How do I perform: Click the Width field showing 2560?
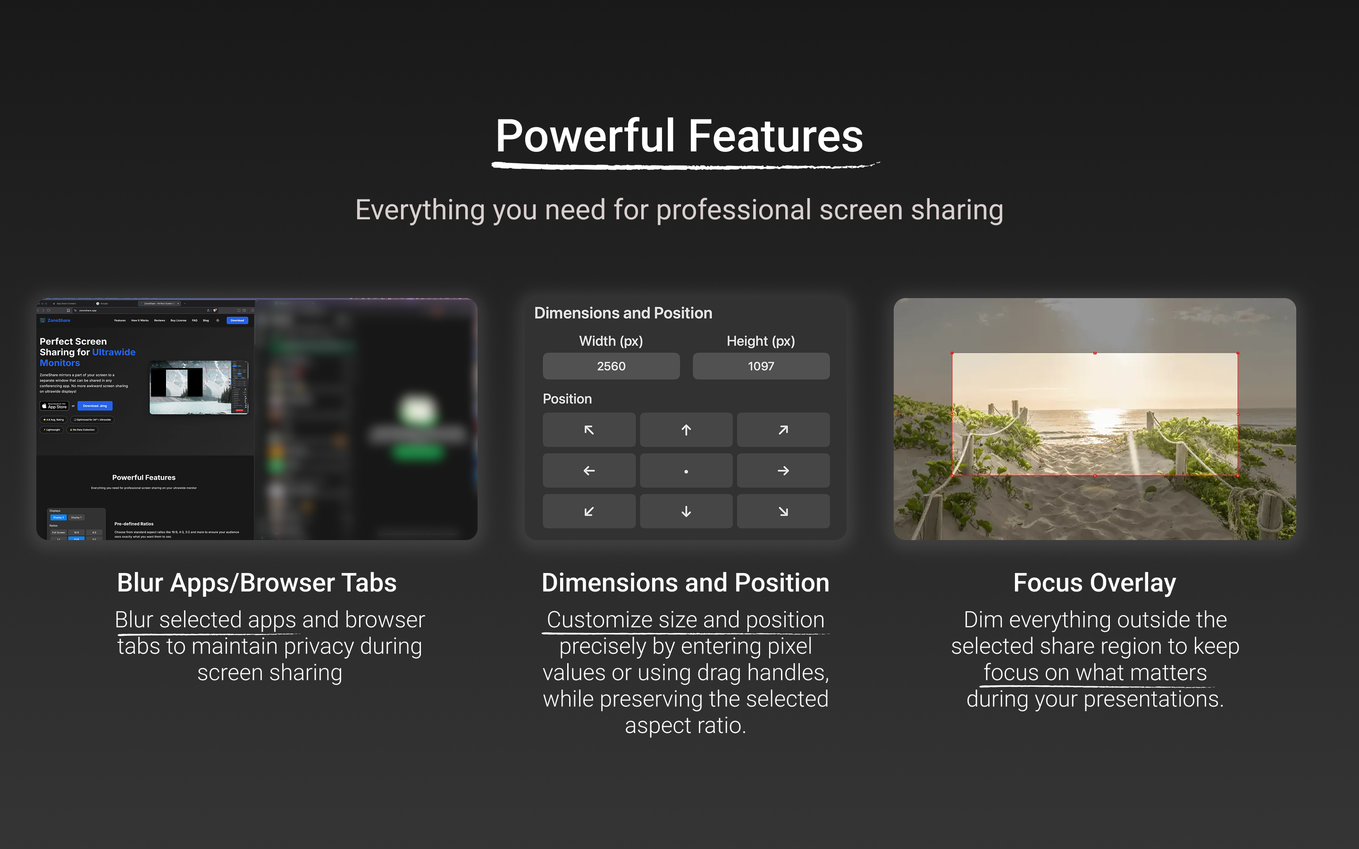(611, 366)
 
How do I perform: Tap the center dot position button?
(686, 471)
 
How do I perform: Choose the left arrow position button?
(588, 471)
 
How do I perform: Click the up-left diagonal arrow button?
(588, 430)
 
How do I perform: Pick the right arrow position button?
(783, 471)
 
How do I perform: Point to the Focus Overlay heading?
(1094, 583)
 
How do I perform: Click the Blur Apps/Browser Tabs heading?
(257, 583)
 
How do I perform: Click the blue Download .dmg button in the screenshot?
(95, 406)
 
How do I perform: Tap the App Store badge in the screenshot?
(54, 406)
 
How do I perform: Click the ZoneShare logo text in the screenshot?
(59, 321)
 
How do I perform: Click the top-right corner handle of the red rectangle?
(1238, 353)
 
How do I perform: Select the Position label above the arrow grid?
(567, 399)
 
